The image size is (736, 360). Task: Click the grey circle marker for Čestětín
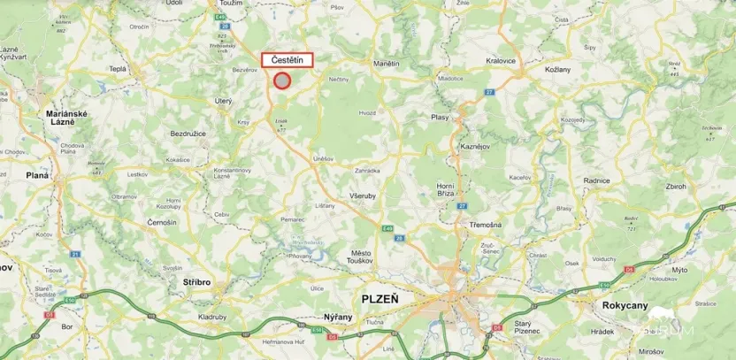[282, 80]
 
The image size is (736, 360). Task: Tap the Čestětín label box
[287, 60]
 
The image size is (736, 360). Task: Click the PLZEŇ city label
[381, 299]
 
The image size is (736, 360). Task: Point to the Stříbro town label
[198, 282]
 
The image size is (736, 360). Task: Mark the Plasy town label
[440, 117]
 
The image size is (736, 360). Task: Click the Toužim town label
[232, 4]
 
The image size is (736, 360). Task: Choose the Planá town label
[37, 175]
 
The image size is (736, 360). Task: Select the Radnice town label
[596, 180]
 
